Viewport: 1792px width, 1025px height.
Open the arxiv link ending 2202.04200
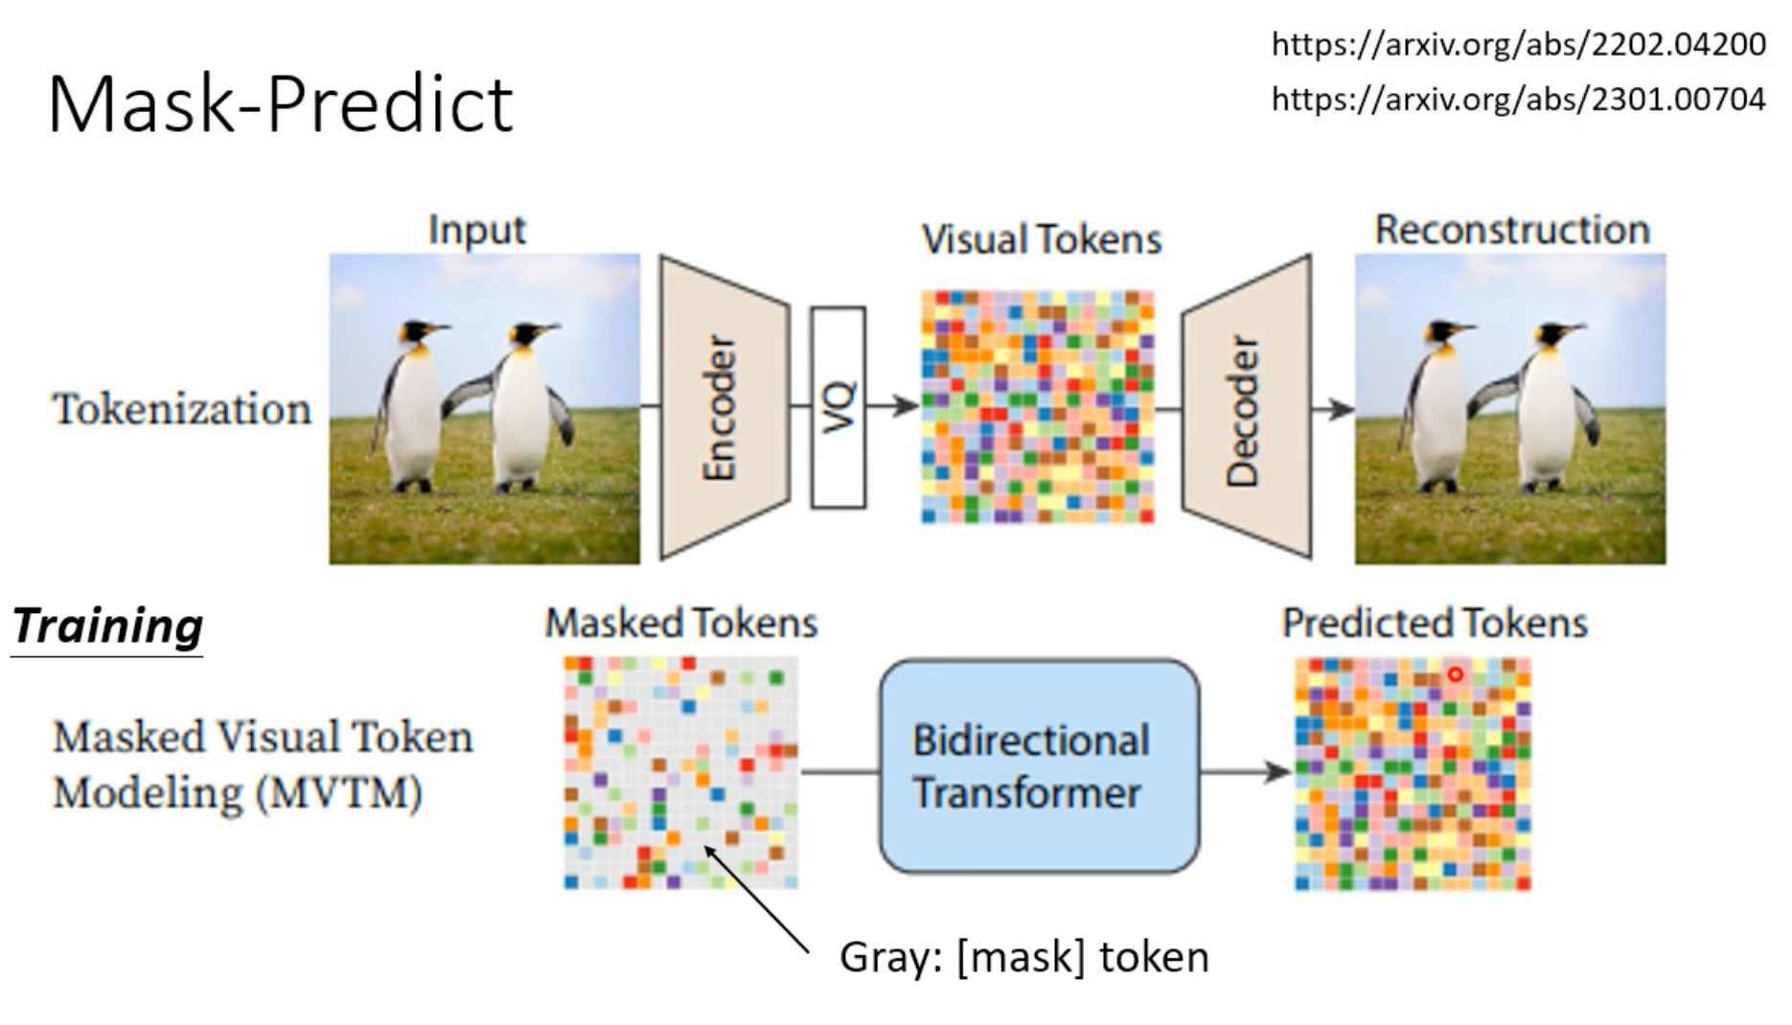point(1518,44)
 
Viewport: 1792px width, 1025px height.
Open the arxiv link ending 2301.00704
point(1518,99)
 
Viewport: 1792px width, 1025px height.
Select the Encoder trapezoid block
point(724,407)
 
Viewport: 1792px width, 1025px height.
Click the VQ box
point(839,407)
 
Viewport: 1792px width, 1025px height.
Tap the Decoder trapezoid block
point(1245,407)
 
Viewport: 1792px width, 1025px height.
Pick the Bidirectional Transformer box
point(1039,766)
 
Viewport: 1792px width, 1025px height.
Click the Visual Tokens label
point(1041,239)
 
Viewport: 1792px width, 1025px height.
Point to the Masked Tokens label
point(680,624)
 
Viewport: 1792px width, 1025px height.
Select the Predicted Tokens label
point(1435,624)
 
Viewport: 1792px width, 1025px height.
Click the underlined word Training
point(107,626)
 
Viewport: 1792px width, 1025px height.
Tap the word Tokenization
point(182,409)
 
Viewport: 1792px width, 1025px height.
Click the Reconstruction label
point(1512,230)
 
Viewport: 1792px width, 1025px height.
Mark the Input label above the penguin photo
point(476,230)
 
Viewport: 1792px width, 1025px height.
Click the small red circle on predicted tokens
point(1455,674)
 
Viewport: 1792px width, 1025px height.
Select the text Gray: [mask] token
point(1023,957)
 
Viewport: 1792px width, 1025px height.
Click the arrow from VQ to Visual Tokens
point(893,406)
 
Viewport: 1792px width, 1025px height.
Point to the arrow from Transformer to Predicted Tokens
point(1246,771)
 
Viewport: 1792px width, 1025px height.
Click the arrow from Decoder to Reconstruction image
point(1332,409)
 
